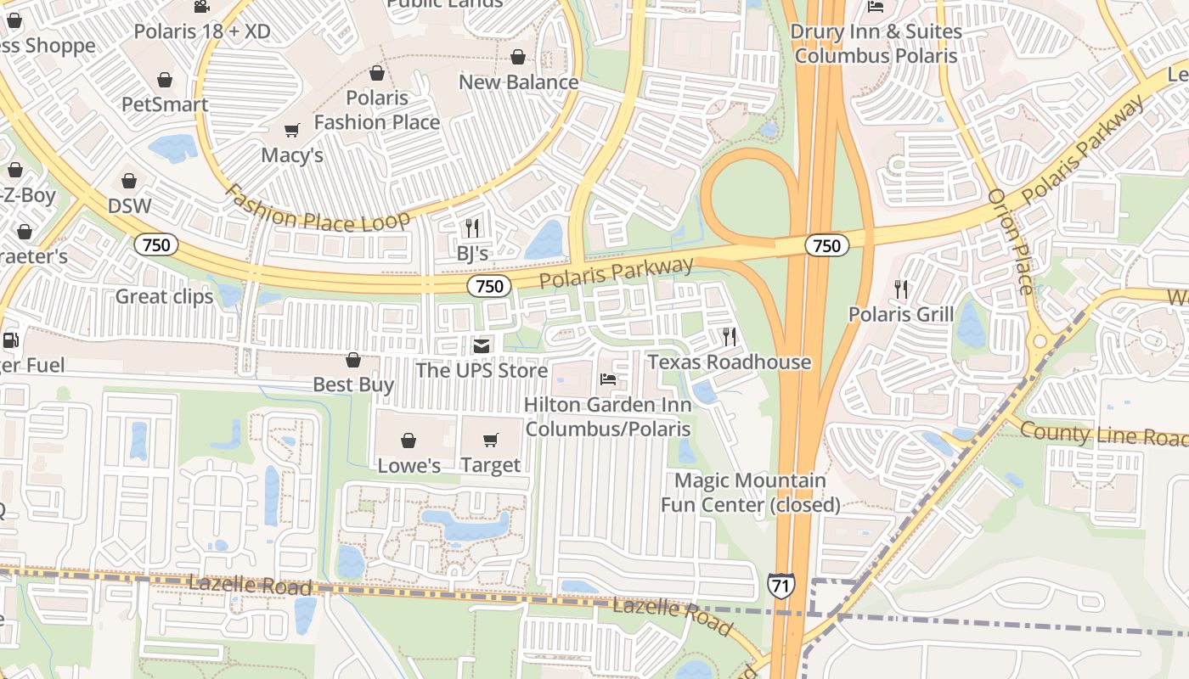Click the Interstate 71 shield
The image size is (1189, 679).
(x=780, y=585)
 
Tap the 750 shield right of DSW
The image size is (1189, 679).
(x=156, y=245)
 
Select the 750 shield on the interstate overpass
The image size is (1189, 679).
(x=826, y=246)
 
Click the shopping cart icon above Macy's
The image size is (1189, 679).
(x=292, y=130)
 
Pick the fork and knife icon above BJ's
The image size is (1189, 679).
(x=472, y=227)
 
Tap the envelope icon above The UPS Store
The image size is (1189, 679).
(x=482, y=345)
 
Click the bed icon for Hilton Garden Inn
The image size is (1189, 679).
(x=608, y=379)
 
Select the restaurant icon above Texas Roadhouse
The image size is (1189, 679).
(x=730, y=336)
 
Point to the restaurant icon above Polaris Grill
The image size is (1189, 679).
(x=901, y=289)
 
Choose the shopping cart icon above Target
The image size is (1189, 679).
(x=491, y=440)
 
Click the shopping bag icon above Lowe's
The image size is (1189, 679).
(x=409, y=440)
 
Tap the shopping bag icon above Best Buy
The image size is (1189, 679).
(x=353, y=360)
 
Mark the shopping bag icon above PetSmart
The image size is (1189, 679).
(x=165, y=80)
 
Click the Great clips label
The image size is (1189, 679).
(x=165, y=296)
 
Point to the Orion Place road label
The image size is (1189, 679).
(x=1011, y=241)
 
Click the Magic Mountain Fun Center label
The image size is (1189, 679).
(x=750, y=492)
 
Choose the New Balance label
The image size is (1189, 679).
(x=518, y=82)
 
